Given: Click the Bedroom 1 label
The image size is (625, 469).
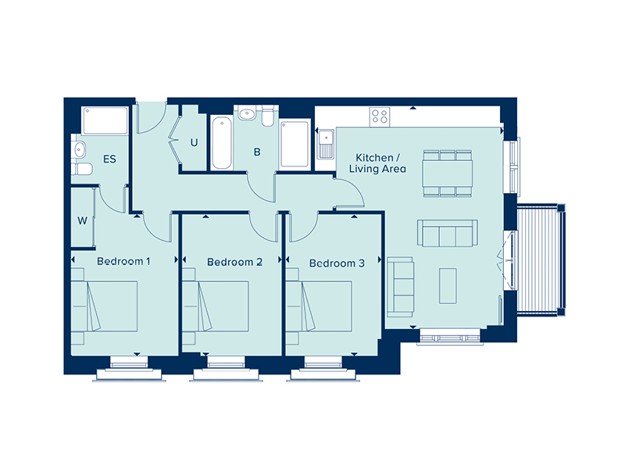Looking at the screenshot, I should tap(123, 261).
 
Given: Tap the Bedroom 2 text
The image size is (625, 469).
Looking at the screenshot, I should tap(234, 262).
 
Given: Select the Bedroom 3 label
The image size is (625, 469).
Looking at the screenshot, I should tap(337, 263).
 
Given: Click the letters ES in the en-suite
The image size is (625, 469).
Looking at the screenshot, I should tap(109, 159).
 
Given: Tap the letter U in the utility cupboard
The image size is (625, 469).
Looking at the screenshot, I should tap(195, 143).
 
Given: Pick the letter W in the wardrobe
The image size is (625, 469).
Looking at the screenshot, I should tap(81, 220).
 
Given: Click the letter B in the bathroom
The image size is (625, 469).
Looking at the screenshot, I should tap(256, 152).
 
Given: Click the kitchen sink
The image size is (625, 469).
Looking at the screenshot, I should tap(326, 145).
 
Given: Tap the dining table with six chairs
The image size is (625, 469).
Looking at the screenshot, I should tap(447, 171).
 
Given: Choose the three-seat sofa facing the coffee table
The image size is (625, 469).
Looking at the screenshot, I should tap(446, 234).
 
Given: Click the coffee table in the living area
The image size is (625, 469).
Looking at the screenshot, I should tap(448, 285).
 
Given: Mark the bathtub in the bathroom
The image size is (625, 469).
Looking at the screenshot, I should tap(221, 143).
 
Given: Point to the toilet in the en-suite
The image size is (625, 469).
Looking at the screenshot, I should tap(80, 170).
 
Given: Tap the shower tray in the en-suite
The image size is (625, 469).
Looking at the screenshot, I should tap(105, 120).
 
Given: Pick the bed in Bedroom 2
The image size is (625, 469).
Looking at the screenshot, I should tap(216, 307).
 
